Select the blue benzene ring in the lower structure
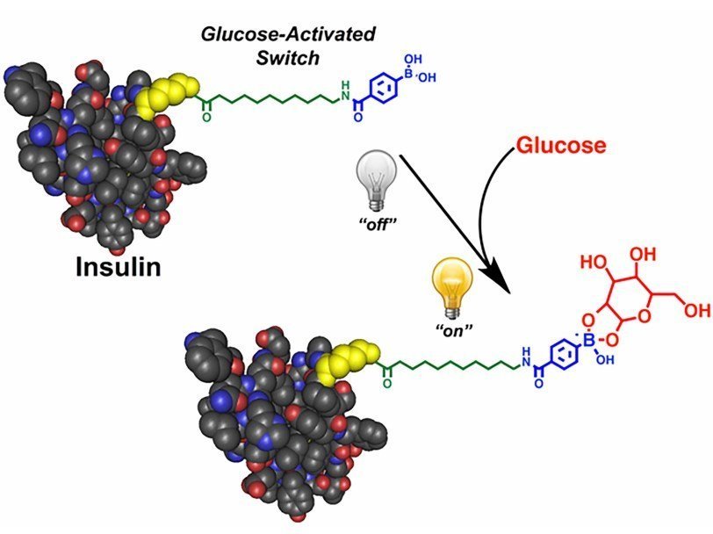coord(563,359)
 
